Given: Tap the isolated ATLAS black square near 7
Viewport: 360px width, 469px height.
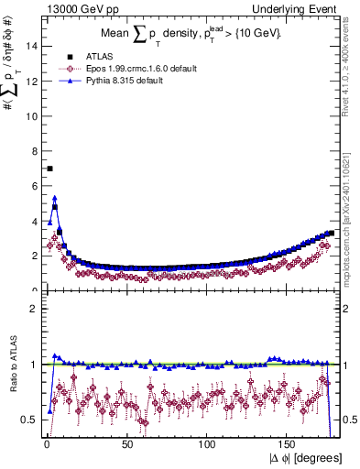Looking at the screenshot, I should [49, 169].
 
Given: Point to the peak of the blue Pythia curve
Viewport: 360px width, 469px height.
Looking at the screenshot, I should [55, 197].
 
